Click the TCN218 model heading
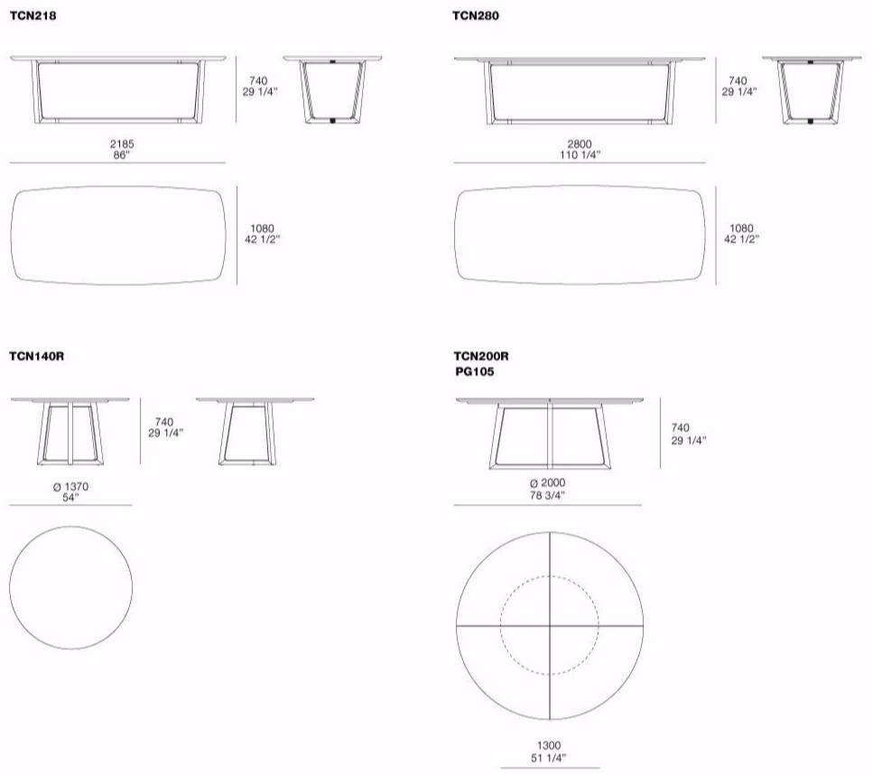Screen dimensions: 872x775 [32, 15]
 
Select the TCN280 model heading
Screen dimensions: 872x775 [476, 15]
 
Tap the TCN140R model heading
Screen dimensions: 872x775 [37, 356]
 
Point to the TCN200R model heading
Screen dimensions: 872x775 [481, 356]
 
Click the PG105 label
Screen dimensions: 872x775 [475, 371]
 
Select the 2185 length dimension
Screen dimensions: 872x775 [122, 145]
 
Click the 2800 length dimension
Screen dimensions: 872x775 [580, 145]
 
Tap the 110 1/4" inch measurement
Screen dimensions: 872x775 [580, 155]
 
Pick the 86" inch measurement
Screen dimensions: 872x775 [122, 155]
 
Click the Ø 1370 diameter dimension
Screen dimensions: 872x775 [70, 487]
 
